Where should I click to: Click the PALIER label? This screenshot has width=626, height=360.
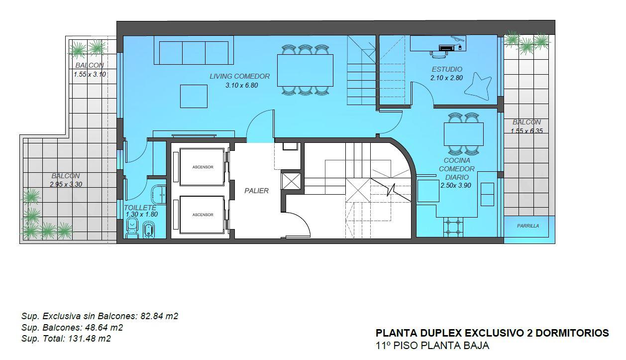click(x=256, y=191)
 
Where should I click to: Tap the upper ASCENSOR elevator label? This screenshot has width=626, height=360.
click(x=203, y=167)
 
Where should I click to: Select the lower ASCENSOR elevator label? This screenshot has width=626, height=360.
click(x=203, y=215)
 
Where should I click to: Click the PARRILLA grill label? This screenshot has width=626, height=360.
click(x=528, y=226)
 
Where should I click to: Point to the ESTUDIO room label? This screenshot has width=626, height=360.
click(x=447, y=69)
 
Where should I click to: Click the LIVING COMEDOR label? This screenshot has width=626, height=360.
click(x=240, y=76)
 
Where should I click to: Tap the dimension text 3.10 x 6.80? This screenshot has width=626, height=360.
click(x=242, y=85)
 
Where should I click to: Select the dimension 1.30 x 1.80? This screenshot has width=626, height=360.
click(x=142, y=214)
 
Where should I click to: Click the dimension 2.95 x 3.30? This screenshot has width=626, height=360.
click(x=66, y=184)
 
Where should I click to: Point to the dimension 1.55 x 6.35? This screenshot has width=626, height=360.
click(x=526, y=130)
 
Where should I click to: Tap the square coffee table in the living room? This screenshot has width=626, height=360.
click(x=194, y=96)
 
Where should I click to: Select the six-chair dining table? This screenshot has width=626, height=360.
click(x=305, y=70)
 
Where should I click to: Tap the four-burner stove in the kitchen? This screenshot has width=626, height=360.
click(x=453, y=227)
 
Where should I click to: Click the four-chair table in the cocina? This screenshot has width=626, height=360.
click(x=464, y=134)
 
